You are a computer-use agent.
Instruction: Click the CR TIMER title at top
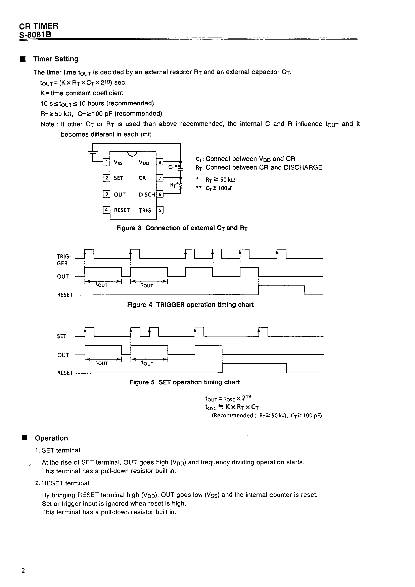[39, 26]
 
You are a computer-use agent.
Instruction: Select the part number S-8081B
[35, 35]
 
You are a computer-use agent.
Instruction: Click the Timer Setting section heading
[55, 59]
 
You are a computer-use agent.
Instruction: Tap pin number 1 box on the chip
[106, 162]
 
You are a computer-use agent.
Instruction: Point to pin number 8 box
[160, 162]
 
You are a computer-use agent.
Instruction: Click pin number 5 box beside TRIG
[160, 210]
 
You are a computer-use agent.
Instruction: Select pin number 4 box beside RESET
[106, 210]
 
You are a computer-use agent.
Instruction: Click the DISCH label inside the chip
[147, 195]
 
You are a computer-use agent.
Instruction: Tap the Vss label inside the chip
[118, 162]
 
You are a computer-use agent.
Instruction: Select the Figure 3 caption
[182, 228]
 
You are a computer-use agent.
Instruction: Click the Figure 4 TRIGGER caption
[190, 305]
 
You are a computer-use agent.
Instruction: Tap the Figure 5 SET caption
[184, 382]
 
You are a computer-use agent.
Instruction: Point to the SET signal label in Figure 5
[62, 336]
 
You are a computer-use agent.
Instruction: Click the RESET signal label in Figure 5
[65, 373]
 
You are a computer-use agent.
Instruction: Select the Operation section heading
[51, 438]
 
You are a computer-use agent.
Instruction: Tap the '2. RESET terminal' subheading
[62, 483]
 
